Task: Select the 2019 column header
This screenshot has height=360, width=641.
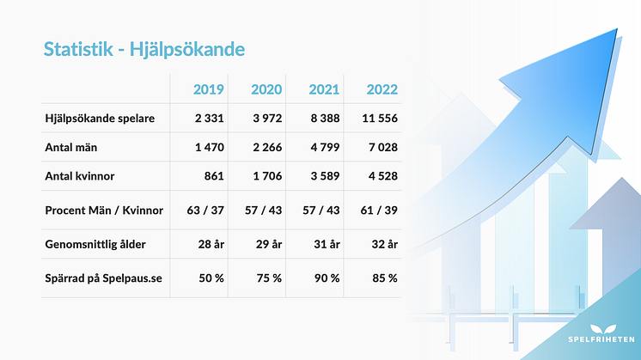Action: [209, 89]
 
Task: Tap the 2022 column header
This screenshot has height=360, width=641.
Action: [382, 89]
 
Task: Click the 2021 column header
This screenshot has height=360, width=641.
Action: [323, 89]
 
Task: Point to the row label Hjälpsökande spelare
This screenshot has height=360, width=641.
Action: [99, 118]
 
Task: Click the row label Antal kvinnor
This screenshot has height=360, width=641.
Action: [82, 176]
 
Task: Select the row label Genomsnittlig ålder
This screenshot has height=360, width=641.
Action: [95, 244]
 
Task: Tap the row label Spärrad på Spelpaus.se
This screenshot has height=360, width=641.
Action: [102, 278]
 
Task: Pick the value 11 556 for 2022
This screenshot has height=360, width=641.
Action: [377, 118]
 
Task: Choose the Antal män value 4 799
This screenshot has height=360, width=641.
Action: [322, 148]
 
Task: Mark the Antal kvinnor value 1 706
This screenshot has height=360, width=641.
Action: [265, 176]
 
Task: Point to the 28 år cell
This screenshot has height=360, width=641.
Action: [210, 244]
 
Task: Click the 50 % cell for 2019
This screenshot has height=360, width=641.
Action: [211, 278]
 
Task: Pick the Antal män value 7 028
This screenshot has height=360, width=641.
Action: [380, 148]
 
